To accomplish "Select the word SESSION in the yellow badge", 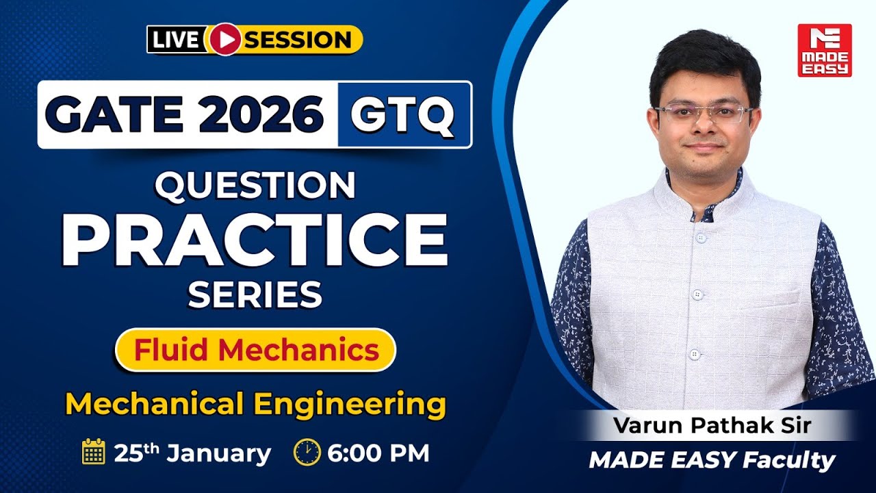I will pyautogui.click(x=298, y=40).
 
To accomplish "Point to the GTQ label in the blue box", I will pyautogui.click(x=403, y=114).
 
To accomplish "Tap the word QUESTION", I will pyautogui.click(x=255, y=185).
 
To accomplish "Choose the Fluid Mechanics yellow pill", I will pyautogui.click(x=256, y=350).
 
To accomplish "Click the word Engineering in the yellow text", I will pyautogui.click(x=350, y=404).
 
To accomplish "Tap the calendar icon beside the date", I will pyautogui.click(x=93, y=453).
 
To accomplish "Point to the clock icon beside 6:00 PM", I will pyautogui.click(x=307, y=453).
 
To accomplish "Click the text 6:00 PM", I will pyautogui.click(x=378, y=453).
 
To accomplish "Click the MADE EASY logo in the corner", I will pyautogui.click(x=824, y=50).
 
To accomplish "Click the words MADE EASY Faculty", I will pyautogui.click(x=712, y=460).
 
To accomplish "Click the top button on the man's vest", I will pyautogui.click(x=700, y=238).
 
